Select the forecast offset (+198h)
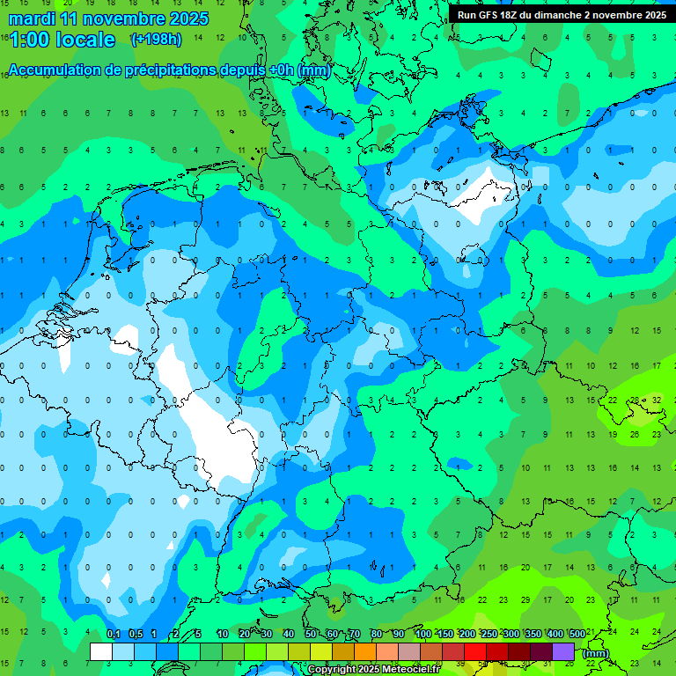(x=156, y=40)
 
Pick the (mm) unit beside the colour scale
(x=596, y=653)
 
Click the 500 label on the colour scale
(x=577, y=634)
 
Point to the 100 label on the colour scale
(x=423, y=634)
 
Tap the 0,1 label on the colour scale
(x=114, y=634)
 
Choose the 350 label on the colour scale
(x=533, y=634)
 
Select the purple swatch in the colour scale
(x=563, y=651)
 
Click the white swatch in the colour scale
(x=101, y=651)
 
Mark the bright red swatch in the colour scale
(x=475, y=651)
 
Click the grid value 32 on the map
(x=657, y=400)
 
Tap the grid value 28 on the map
(x=635, y=400)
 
